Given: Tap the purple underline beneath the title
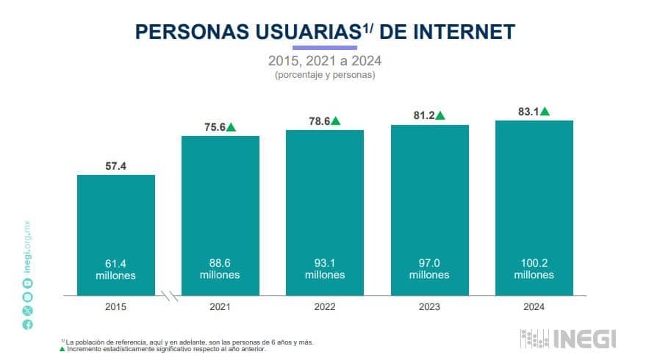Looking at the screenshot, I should tap(324, 47).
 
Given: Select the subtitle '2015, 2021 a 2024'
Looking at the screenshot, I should tap(324, 60).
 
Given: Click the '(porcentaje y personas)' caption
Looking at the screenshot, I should tap(324, 74).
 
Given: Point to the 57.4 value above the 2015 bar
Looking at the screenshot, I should tap(116, 166).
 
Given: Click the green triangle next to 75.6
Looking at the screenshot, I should tap(231, 127).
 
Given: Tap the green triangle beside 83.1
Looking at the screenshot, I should tap(545, 112).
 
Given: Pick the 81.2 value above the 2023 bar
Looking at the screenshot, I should tap(423, 115).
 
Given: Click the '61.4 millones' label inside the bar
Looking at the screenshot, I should tap(116, 268).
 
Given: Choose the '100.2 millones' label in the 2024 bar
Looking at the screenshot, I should tap(534, 268).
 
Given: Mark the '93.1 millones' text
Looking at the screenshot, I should tap(325, 268).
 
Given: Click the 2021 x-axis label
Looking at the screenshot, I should tap(220, 307).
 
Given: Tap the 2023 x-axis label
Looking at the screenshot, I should tap(429, 307).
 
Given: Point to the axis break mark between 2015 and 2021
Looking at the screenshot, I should tap(170, 296).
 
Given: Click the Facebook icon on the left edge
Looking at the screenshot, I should tap(28, 324).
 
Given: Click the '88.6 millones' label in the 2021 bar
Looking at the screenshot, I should tap(220, 268).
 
